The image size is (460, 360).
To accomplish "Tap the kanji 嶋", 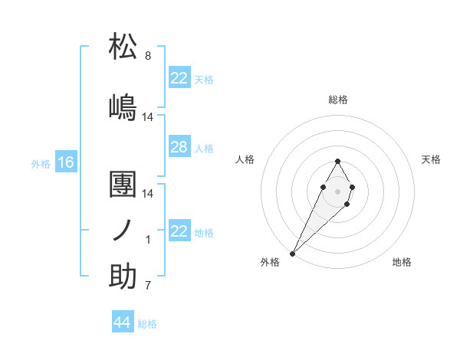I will click(x=123, y=106).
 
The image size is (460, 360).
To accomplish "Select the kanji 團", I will click(x=123, y=185).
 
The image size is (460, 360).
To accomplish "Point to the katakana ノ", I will click(x=123, y=231).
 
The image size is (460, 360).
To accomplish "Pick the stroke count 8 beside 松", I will click(x=148, y=56).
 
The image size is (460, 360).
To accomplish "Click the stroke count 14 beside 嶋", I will click(x=148, y=117).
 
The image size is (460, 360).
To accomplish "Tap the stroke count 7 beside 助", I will click(x=148, y=286).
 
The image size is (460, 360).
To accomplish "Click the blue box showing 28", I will click(x=179, y=147).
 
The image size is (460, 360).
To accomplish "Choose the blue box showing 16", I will click(x=65, y=162).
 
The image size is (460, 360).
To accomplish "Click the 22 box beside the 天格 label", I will click(x=179, y=78).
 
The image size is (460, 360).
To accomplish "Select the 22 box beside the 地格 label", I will click(x=179, y=232).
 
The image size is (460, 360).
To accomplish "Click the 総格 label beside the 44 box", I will click(x=147, y=324).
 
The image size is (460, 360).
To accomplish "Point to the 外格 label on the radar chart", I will click(x=270, y=262).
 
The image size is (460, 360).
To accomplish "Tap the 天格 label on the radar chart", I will click(x=431, y=159).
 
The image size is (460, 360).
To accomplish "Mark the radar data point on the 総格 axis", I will click(x=337, y=161).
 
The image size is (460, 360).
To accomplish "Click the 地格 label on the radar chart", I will click(x=402, y=262).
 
